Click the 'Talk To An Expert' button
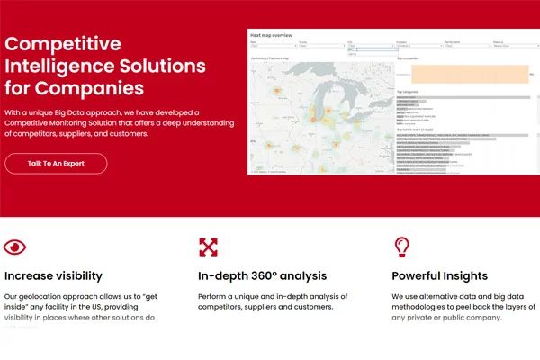(x=56, y=164)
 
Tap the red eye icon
(x=15, y=247)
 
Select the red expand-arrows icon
(x=209, y=247)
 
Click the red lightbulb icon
(x=401, y=247)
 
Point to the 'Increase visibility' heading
(x=53, y=276)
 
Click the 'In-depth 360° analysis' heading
(x=262, y=276)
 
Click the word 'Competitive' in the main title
(x=63, y=44)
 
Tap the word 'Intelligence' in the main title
(x=54, y=67)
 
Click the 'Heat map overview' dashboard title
(x=271, y=35)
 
